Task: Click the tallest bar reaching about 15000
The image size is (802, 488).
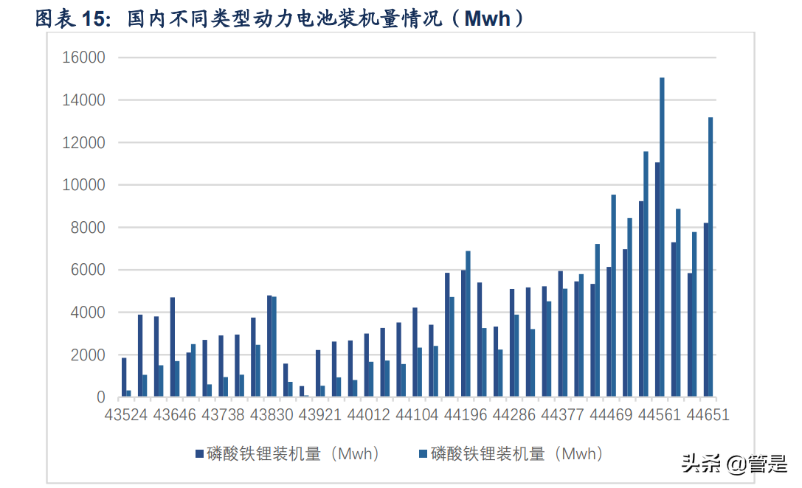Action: point(662,237)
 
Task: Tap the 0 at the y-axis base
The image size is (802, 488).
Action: point(101,398)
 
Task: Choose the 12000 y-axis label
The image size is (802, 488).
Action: point(86,142)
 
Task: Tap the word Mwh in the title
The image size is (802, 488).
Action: point(487,18)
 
